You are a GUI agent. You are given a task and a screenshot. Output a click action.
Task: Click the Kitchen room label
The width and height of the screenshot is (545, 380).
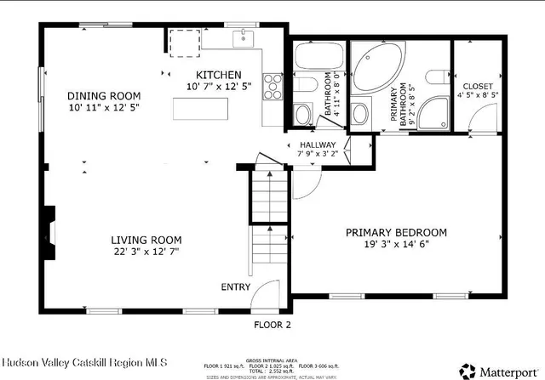[218, 75]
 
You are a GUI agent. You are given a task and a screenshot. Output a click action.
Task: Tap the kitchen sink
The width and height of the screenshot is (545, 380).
[244, 38]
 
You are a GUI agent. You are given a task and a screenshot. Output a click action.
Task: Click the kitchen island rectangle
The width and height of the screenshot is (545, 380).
[202, 110]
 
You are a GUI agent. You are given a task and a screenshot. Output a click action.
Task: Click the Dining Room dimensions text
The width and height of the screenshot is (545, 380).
[104, 108]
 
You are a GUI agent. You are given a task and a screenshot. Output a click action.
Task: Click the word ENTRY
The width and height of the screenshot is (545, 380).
[236, 287]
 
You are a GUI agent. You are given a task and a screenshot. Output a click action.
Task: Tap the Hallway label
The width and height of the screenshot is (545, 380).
[318, 145]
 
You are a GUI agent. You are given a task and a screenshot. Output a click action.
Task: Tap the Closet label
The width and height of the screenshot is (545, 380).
[478, 87]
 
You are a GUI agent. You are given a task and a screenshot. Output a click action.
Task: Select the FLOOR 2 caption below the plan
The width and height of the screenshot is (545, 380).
[272, 325]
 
